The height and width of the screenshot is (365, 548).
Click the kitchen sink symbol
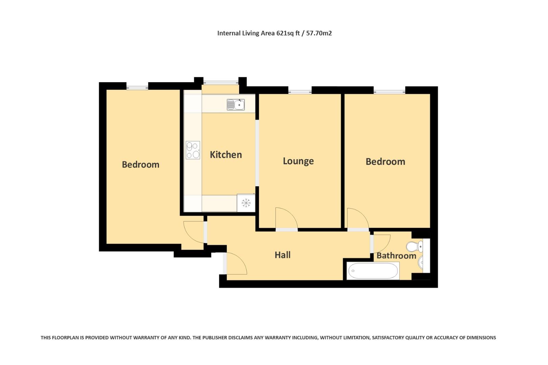coord(236,104)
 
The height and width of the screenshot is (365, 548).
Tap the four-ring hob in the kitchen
coord(193,150)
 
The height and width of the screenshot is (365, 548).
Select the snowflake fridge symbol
coord(246,203)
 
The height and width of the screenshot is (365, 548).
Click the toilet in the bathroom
coord(414,246)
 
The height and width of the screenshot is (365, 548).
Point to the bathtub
coord(373,271)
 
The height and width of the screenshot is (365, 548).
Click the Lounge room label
coord(298,161)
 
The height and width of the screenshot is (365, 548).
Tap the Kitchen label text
coord(226,155)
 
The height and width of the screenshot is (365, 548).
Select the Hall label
coord(282,255)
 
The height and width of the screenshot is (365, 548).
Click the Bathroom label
coord(396,255)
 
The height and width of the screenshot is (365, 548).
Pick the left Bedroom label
coord(140,165)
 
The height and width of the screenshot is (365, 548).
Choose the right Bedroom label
coord(385,162)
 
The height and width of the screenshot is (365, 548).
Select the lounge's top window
coord(300,91)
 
